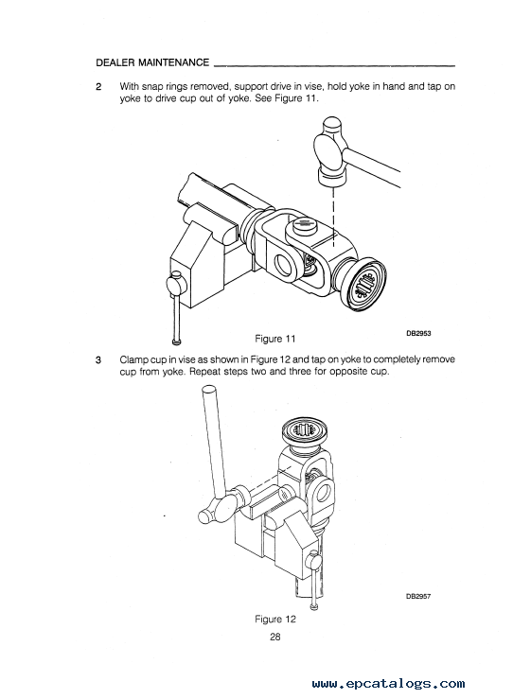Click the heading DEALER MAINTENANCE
click(152, 62)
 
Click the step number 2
click(98, 86)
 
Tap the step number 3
click(98, 359)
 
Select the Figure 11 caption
click(274, 339)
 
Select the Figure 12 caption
click(274, 620)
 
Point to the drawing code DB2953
click(418, 333)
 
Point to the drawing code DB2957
click(418, 597)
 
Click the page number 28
click(275, 637)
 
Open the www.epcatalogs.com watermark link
click(388, 684)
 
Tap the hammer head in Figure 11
click(330, 152)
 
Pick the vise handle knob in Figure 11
click(174, 281)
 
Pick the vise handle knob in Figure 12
click(314, 558)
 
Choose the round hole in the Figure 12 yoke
click(324, 492)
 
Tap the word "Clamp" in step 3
click(133, 359)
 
